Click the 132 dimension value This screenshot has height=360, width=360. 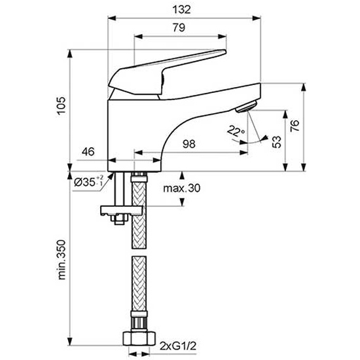tap(181, 10)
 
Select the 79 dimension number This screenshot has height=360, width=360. tap(179, 27)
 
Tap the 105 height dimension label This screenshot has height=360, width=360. tap(62, 105)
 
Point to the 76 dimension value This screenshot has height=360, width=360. tap(295, 126)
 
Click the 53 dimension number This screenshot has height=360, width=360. tap(276, 142)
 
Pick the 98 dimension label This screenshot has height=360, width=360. tap(189, 144)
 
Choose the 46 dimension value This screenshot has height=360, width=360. tap(88, 152)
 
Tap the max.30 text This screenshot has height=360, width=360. tap(181, 189)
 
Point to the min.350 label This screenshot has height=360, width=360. tap(62, 260)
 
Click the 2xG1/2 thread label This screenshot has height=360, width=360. tap(178, 346)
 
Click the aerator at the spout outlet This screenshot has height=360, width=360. tap(246, 107)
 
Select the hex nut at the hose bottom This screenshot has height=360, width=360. tap(139, 338)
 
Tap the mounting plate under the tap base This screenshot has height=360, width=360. tap(122, 211)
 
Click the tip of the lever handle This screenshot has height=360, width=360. tap(226, 52)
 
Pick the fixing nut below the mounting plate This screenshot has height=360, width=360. tap(119, 220)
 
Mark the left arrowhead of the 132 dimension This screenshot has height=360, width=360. tap(111, 18)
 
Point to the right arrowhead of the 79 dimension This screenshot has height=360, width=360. tap(223, 37)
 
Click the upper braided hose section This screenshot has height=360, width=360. tap(139, 211)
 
